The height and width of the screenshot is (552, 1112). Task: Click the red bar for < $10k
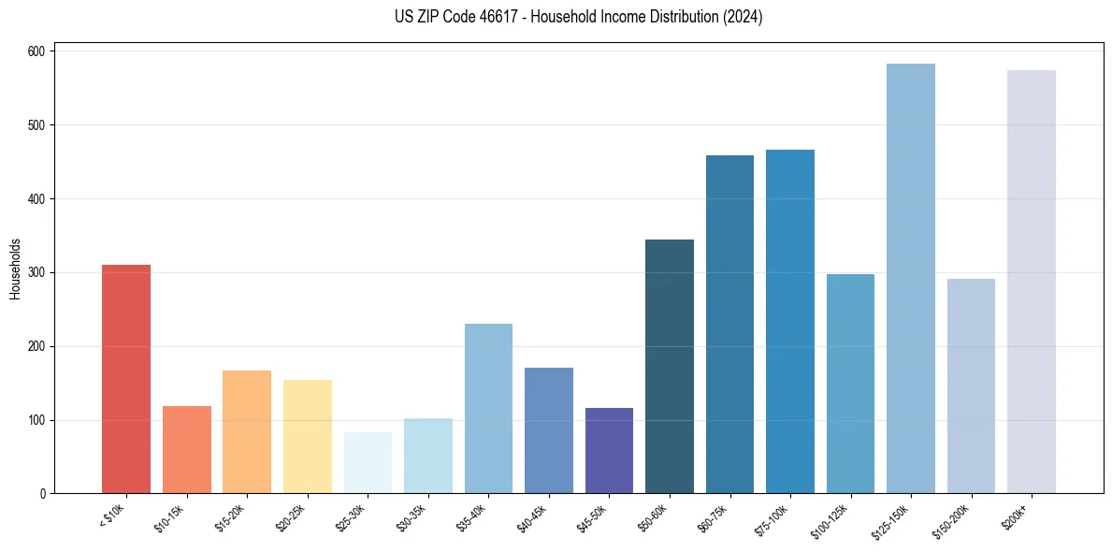point(126,379)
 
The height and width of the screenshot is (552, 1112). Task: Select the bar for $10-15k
point(186,449)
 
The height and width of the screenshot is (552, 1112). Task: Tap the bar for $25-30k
point(368,462)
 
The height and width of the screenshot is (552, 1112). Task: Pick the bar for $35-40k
point(488,408)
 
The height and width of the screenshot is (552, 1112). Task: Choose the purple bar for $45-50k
point(609,450)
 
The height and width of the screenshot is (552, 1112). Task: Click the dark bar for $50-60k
point(670,366)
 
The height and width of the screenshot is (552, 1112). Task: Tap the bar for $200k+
point(1032,282)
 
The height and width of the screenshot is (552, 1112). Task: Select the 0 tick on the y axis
point(44,494)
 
